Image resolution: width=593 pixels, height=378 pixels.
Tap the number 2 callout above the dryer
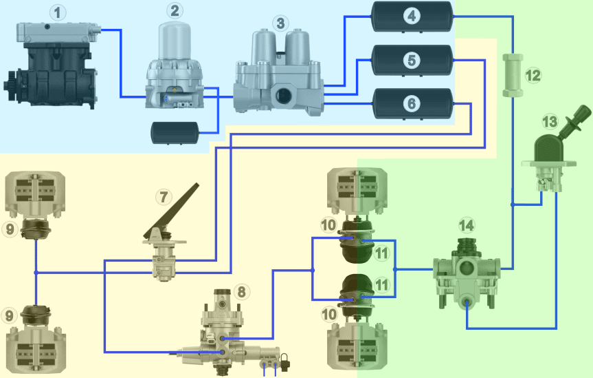click(x=175, y=10)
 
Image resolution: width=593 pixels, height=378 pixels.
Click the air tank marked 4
click(x=412, y=16)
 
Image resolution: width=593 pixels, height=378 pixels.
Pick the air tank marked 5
click(x=412, y=60)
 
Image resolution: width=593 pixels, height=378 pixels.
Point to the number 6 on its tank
click(x=412, y=104)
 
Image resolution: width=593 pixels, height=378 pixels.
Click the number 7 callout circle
click(x=163, y=197)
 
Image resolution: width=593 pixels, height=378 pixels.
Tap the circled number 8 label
click(x=240, y=291)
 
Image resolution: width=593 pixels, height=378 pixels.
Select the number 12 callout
click(x=533, y=75)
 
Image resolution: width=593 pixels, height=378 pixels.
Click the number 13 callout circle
click(x=550, y=123)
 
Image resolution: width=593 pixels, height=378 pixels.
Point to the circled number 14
click(x=467, y=225)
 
